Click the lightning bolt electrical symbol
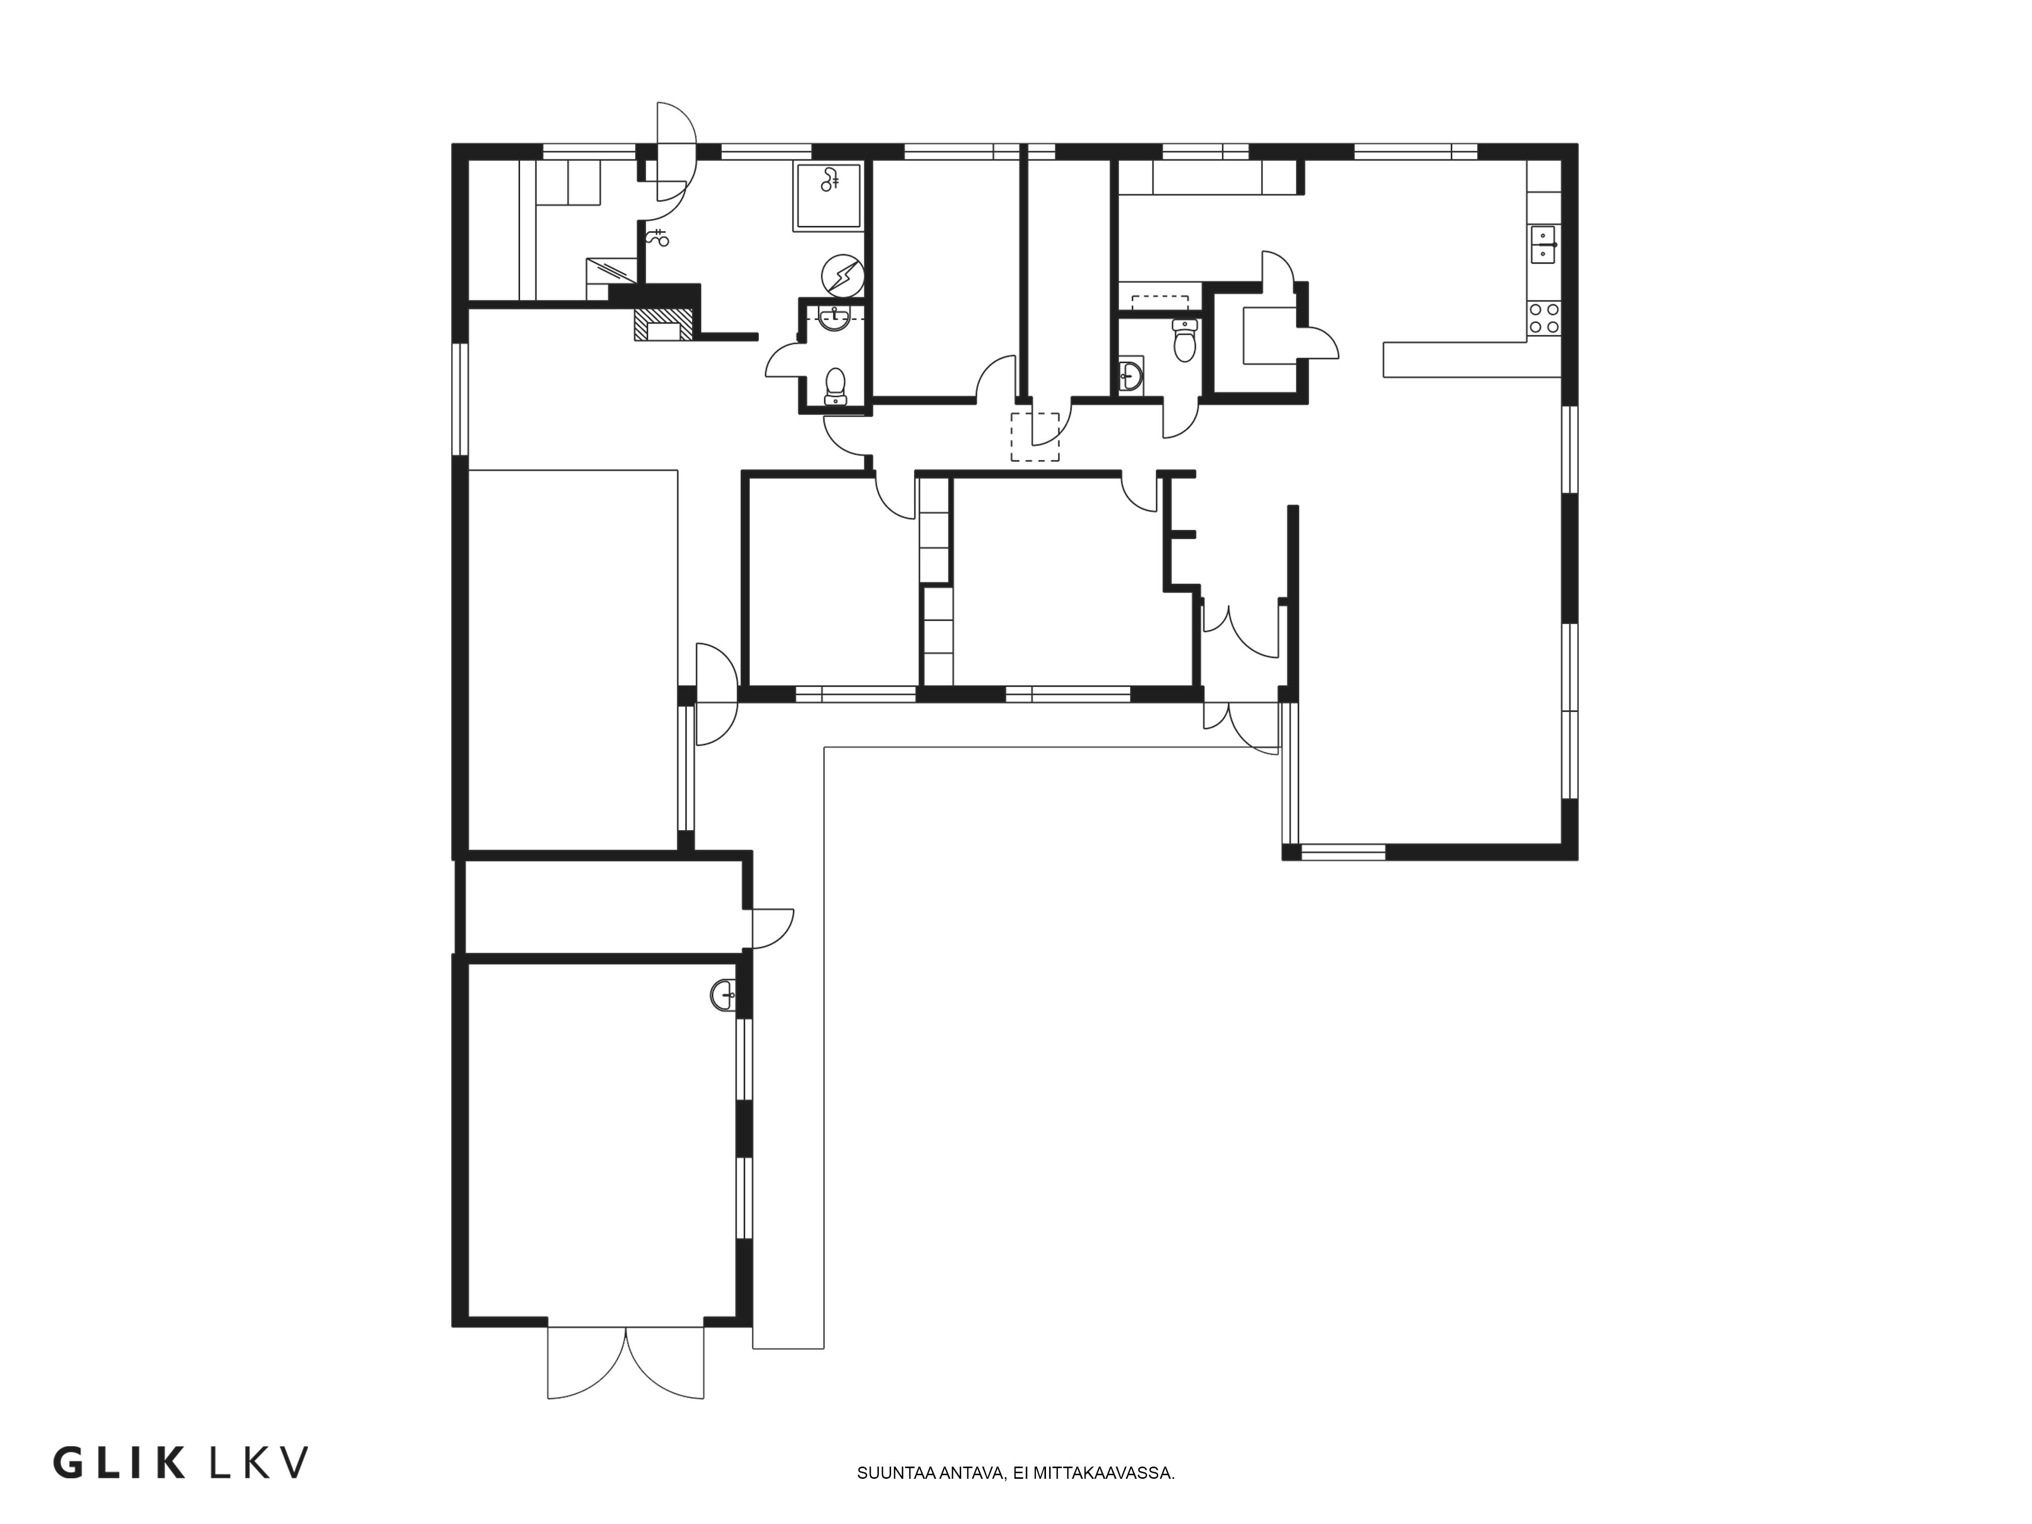842,275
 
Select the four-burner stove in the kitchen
1543,318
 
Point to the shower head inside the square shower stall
832,180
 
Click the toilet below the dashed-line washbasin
835,386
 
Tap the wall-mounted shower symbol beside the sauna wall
658,238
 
